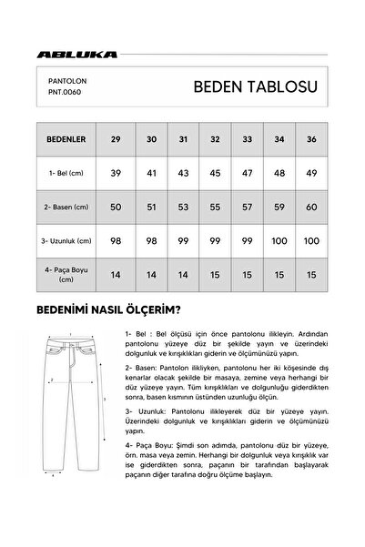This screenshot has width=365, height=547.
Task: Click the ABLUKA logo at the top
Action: tap(76, 53)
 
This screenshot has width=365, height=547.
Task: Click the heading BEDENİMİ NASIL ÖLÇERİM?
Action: tap(112, 309)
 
